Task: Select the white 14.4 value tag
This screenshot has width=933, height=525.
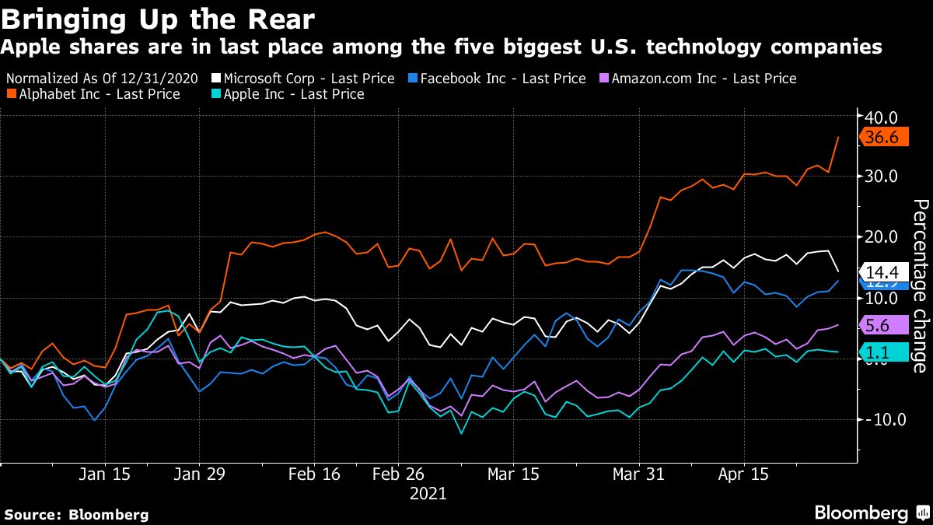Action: (x=881, y=272)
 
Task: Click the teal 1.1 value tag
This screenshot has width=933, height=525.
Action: (x=880, y=352)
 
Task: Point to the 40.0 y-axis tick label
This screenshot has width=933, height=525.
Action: (x=882, y=117)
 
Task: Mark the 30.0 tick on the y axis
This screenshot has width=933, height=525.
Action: (x=882, y=177)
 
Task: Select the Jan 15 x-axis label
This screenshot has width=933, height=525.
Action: (x=104, y=474)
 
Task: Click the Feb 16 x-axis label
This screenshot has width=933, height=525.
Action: (x=314, y=474)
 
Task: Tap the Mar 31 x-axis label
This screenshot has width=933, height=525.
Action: (x=638, y=474)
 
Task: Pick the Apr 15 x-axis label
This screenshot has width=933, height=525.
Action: (x=743, y=474)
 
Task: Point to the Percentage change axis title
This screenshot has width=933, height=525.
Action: (x=919, y=285)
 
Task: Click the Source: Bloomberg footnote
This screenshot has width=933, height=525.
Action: (x=76, y=514)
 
